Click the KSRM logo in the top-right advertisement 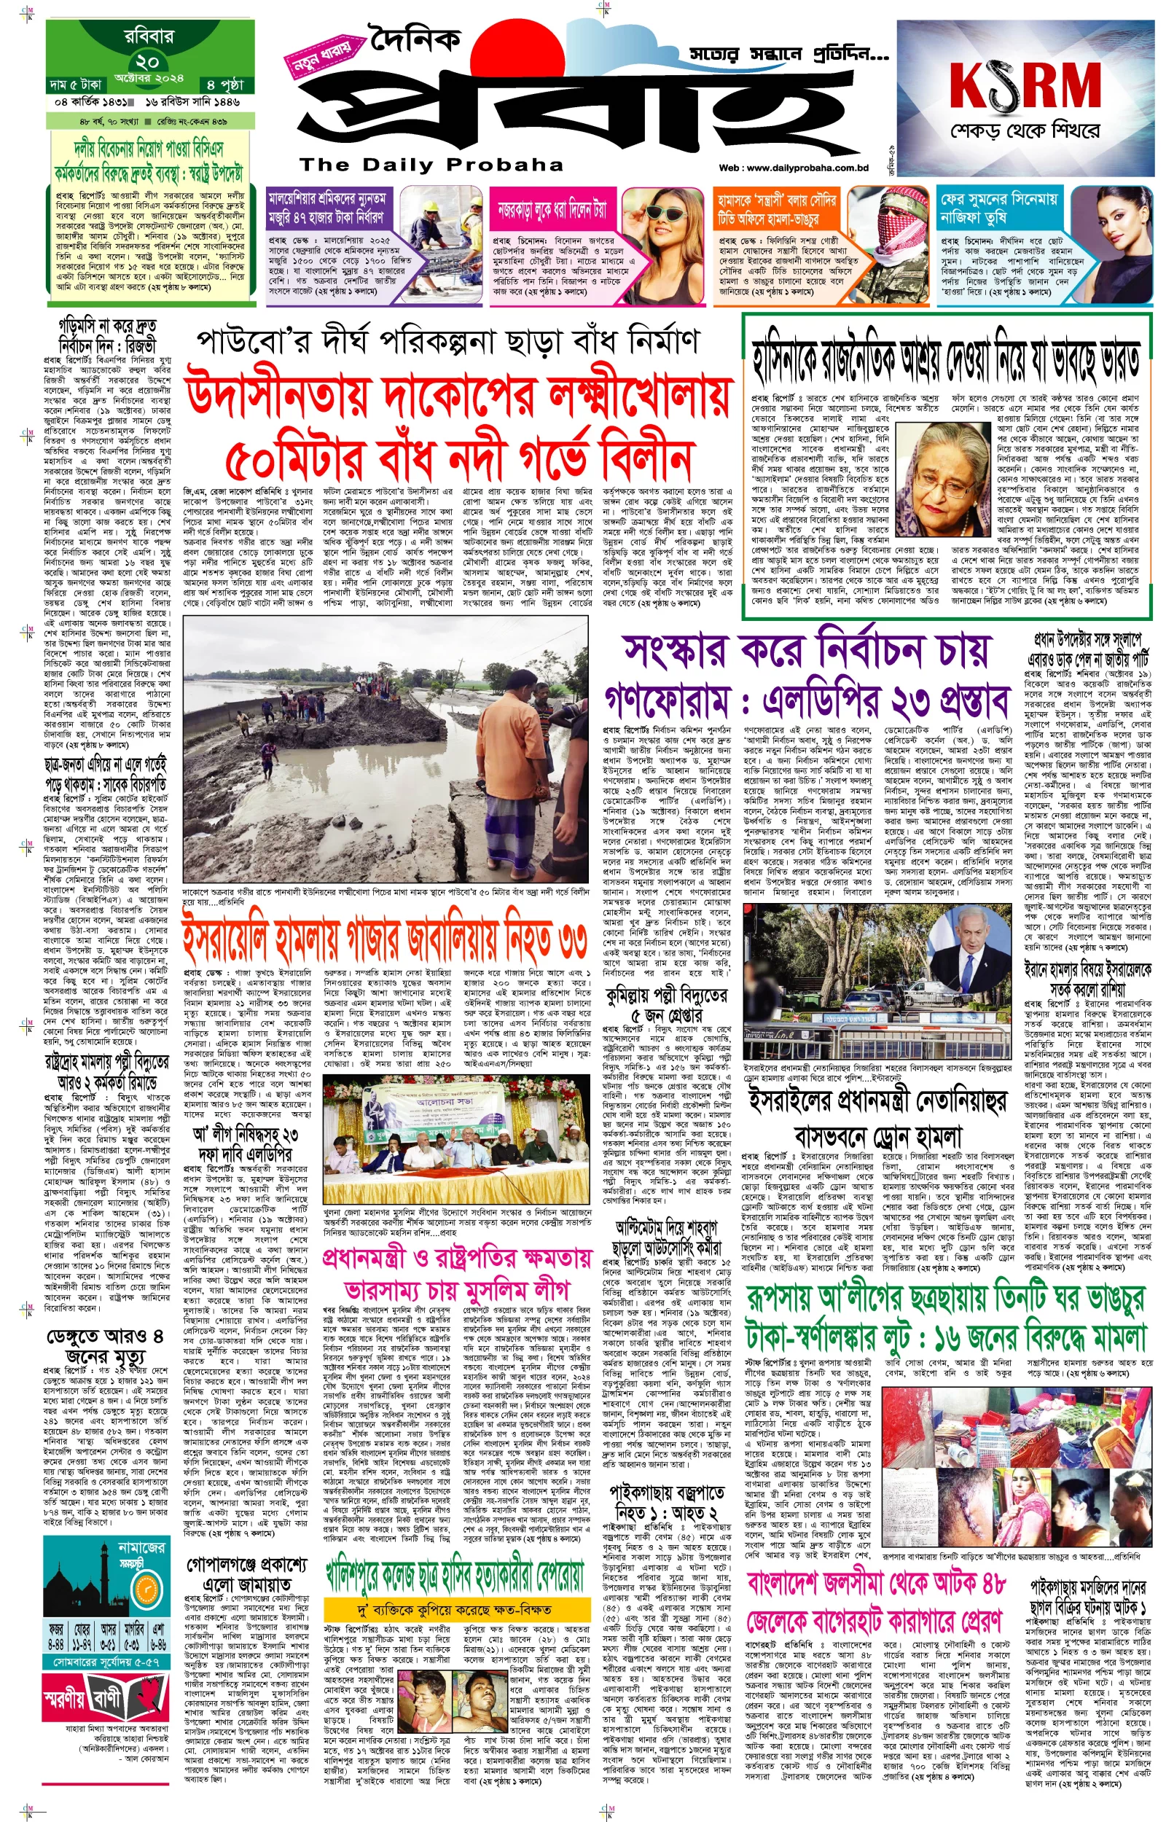pyautogui.click(x=1025, y=85)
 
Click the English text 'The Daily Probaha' pyautogui.click(x=431, y=165)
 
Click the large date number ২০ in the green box pyautogui.click(x=148, y=61)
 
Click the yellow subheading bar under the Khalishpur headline pyautogui.click(x=455, y=1608)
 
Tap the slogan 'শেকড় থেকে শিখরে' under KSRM pyautogui.click(x=1025, y=132)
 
